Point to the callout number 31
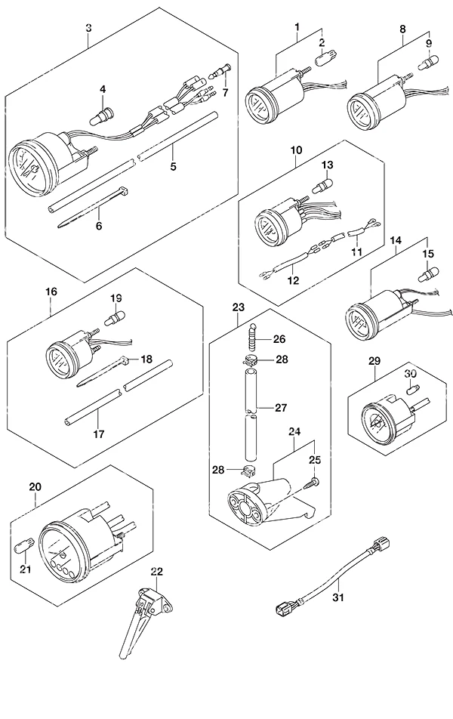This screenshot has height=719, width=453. point(339,597)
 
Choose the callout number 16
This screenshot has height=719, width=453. point(51,292)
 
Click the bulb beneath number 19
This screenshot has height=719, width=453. point(115,318)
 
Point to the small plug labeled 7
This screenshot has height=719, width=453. point(220,72)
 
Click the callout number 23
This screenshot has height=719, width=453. point(239,307)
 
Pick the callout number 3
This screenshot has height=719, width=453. point(88,28)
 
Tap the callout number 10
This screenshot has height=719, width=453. point(296,150)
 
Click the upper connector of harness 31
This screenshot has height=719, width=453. point(380,545)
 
